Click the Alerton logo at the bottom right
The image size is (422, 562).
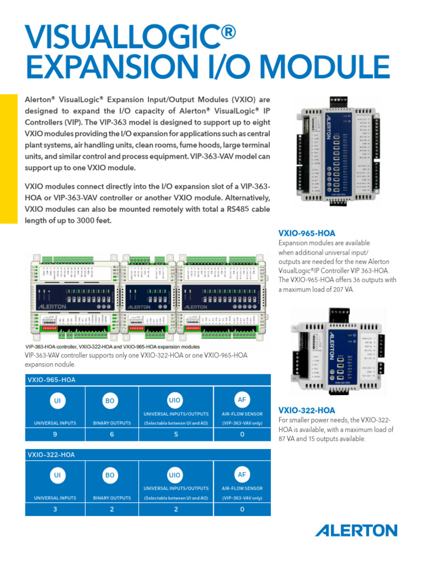356,531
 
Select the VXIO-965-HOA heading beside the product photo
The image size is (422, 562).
307,233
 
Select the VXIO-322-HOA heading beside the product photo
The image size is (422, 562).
307,411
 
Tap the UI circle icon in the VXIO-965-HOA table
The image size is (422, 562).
56,401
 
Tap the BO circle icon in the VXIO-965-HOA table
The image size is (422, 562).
110,401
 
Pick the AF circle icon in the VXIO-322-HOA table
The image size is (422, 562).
242,474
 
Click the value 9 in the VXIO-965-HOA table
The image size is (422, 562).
56,435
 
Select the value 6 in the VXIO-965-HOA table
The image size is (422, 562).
112,435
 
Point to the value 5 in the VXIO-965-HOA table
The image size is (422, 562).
176,435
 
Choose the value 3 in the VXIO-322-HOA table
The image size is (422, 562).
56,509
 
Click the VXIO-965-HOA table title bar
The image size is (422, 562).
148,380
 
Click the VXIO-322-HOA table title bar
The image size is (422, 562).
148,455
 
